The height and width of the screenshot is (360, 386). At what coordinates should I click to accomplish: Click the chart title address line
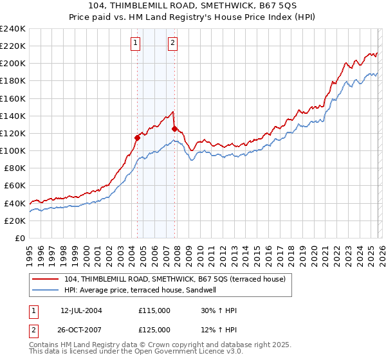[x=192, y=6]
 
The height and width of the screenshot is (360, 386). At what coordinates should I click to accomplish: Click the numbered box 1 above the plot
[x=136, y=43]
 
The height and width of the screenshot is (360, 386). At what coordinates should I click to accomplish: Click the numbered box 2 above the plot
[x=174, y=43]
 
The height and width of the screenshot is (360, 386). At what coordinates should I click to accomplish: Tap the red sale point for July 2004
[x=137, y=137]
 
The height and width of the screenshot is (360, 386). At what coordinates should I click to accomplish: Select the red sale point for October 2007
[x=174, y=129]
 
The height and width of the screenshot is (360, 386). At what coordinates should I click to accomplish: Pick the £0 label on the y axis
[x=19, y=238]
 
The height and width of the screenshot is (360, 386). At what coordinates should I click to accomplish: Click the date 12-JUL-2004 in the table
[x=81, y=310]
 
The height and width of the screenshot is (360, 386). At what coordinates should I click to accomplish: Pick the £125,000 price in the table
[x=154, y=330]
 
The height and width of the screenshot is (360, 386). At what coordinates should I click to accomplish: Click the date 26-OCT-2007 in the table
[x=81, y=330]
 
